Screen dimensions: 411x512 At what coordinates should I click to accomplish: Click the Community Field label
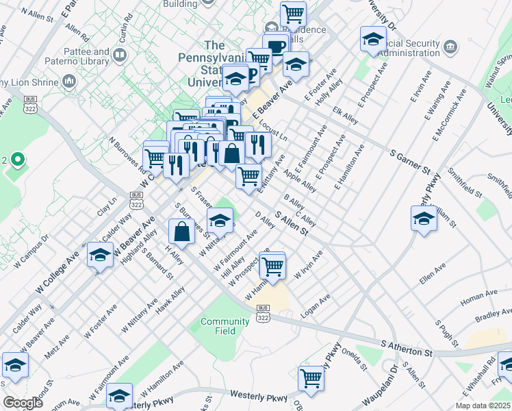tap(225, 326)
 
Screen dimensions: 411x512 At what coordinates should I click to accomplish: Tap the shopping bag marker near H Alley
tap(183, 231)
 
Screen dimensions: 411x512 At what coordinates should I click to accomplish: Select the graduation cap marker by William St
tap(424, 219)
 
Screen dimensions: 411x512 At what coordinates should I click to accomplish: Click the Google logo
tap(23, 403)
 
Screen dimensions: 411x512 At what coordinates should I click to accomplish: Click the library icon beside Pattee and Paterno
tap(120, 53)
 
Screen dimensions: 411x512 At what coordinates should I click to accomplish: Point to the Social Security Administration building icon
tap(450, 46)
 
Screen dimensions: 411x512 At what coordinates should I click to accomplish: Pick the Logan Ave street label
tap(316, 306)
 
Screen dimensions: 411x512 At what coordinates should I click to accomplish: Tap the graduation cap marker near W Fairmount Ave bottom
tap(119, 395)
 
